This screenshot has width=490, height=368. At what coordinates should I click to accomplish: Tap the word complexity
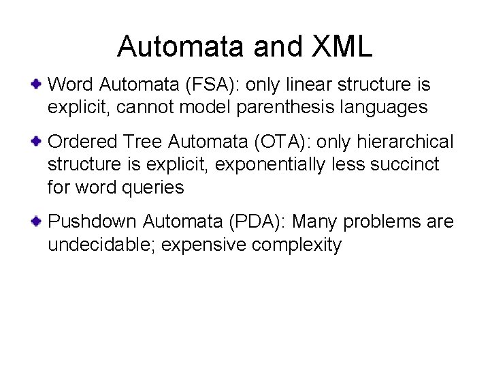click(297, 244)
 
